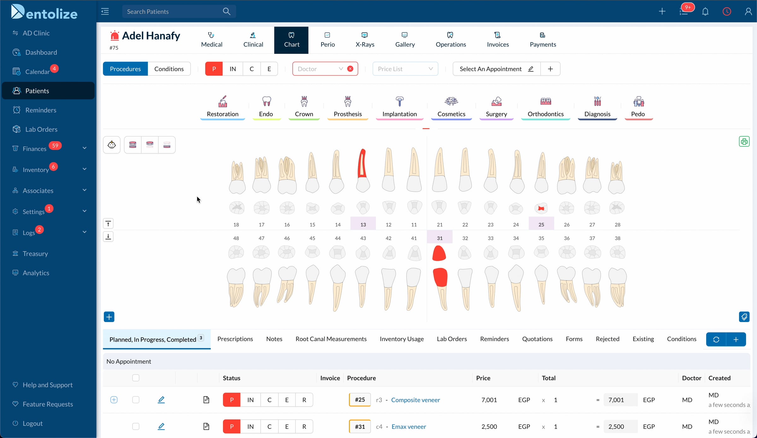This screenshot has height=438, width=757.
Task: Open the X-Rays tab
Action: pyautogui.click(x=365, y=40)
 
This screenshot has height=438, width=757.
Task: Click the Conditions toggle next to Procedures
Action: pyautogui.click(x=169, y=69)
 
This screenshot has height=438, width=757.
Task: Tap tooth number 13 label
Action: pyautogui.click(x=363, y=224)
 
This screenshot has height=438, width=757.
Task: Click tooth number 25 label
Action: pyautogui.click(x=541, y=224)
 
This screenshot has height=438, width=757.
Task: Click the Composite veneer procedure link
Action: pyautogui.click(x=415, y=400)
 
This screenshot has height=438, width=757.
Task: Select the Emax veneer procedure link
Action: pyautogui.click(x=409, y=427)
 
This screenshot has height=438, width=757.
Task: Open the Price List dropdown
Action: pyautogui.click(x=405, y=69)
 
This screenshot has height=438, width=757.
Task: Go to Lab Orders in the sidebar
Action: pyautogui.click(x=41, y=129)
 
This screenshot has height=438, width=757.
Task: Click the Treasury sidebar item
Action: pyautogui.click(x=35, y=254)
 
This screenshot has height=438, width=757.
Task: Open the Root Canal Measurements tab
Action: pyautogui.click(x=331, y=339)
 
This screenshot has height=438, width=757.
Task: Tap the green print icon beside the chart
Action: pyautogui.click(x=744, y=141)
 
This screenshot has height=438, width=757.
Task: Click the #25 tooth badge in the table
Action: pyautogui.click(x=360, y=400)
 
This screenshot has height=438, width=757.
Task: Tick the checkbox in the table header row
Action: pyautogui.click(x=136, y=378)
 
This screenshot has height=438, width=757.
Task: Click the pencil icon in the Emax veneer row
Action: pyautogui.click(x=161, y=427)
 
